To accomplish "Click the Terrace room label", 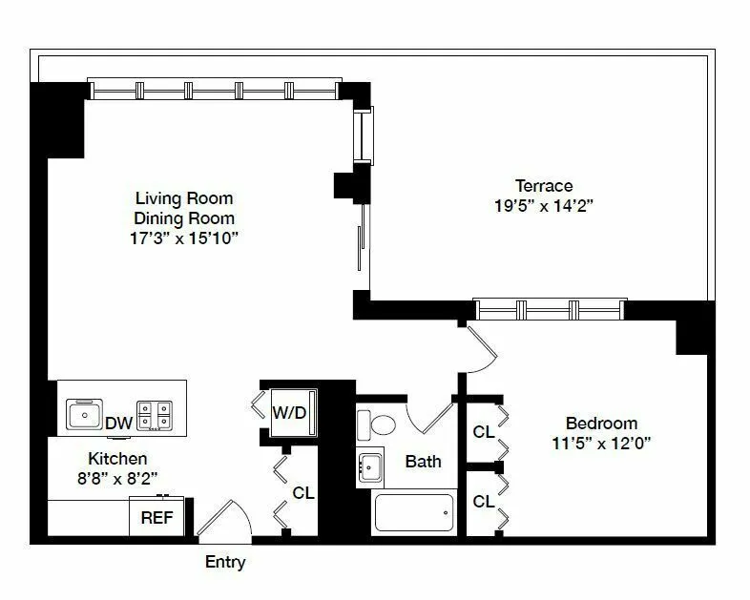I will [544, 185].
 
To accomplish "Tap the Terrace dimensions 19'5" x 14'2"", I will [544, 205].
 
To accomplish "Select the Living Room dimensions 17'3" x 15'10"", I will [184, 238].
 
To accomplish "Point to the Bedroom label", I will [601, 423].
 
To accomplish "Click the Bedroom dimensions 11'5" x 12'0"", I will [601, 443].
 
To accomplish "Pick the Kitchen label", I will [117, 459].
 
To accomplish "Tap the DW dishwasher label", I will [118, 423].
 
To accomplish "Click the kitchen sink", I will [84, 415].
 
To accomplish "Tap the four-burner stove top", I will [157, 415].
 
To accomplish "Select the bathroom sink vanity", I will [370, 466].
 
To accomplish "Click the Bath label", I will [423, 462].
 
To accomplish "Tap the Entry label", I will [225, 562].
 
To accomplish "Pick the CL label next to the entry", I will [303, 493].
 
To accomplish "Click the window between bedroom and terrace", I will [550, 309].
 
